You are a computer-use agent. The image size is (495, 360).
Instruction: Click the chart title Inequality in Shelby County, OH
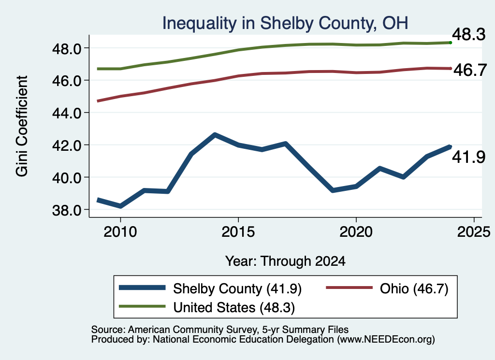pyautogui.click(x=285, y=23)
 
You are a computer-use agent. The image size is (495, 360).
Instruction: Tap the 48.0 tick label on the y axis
pyautogui.click(x=67, y=49)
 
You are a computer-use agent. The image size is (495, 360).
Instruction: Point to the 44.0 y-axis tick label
pyautogui.click(x=67, y=113)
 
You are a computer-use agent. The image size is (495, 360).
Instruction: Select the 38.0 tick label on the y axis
pyautogui.click(x=67, y=210)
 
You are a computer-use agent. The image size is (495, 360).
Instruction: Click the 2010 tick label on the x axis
pyautogui.click(x=120, y=232)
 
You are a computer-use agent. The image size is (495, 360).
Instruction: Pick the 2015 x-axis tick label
pyautogui.click(x=238, y=232)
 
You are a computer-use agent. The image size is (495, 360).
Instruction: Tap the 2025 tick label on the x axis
pyautogui.click(x=474, y=232)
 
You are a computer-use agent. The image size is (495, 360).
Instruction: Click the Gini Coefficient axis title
pyautogui.click(x=22, y=126)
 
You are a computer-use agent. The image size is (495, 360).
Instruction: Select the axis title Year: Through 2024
pyautogui.click(x=285, y=261)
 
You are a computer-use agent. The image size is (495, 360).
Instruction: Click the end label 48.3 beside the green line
pyautogui.click(x=468, y=34)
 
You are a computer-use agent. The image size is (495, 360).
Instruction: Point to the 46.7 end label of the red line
pyautogui.click(x=470, y=70)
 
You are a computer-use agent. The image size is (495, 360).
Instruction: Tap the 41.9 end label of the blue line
pyautogui.click(x=468, y=157)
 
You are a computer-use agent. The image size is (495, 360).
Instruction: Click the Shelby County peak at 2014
pyautogui.click(x=215, y=135)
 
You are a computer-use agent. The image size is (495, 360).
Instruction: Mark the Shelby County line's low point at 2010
pyautogui.click(x=120, y=206)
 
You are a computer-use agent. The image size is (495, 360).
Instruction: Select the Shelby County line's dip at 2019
pyautogui.click(x=333, y=190)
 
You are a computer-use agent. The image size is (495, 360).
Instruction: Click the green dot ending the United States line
pyautogui.click(x=451, y=43)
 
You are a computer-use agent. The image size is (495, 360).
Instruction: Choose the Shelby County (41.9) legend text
pyautogui.click(x=237, y=288)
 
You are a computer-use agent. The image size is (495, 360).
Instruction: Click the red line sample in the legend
pyautogui.click(x=349, y=288)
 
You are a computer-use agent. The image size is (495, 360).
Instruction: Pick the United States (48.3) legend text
pyautogui.click(x=234, y=308)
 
